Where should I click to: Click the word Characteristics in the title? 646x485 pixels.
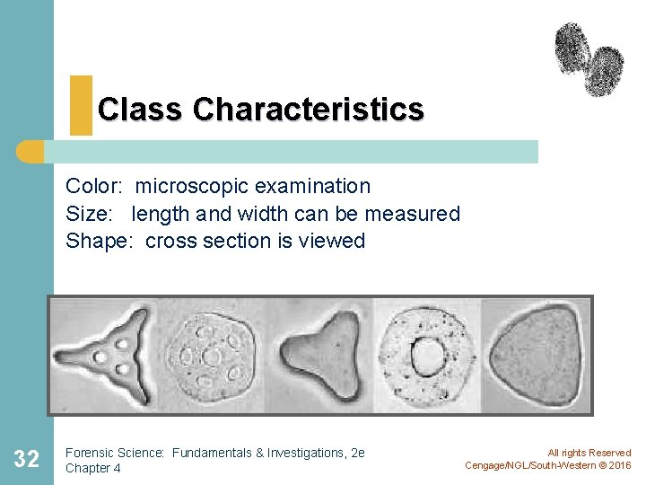(308, 110)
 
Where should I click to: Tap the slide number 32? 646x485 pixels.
(27, 460)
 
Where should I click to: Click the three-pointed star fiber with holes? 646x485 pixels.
(109, 354)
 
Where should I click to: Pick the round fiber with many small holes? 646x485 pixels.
(214, 356)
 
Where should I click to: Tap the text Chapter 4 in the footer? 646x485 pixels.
(93, 468)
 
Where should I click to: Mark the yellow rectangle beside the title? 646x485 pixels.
(81, 105)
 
